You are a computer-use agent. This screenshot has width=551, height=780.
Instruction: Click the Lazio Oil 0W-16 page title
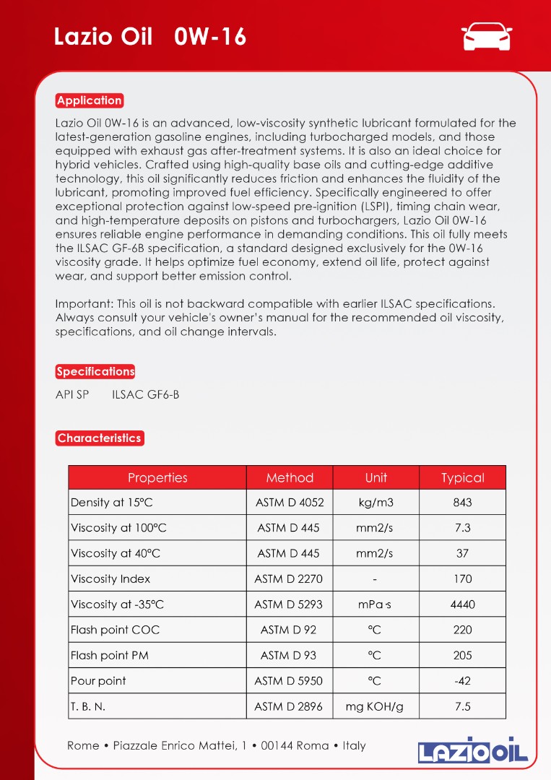(x=150, y=37)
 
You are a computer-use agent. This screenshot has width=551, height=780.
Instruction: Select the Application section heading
(x=90, y=100)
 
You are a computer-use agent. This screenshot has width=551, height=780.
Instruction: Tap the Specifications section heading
(x=95, y=371)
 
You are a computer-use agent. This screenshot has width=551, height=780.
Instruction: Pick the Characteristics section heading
(x=99, y=438)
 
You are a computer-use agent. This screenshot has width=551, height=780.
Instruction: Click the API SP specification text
(x=72, y=395)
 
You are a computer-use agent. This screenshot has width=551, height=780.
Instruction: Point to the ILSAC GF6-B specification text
(x=146, y=395)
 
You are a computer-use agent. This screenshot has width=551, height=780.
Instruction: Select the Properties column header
(x=157, y=477)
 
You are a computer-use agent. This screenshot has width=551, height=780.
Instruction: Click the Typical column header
(x=462, y=477)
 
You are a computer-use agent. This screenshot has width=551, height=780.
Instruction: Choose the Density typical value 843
(x=462, y=503)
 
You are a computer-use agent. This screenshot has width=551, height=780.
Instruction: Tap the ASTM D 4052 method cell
(x=290, y=503)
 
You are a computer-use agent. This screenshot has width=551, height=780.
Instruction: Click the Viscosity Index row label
(x=110, y=578)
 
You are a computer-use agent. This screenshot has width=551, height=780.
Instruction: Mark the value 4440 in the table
(x=462, y=604)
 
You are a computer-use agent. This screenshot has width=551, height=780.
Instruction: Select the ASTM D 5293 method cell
(x=289, y=604)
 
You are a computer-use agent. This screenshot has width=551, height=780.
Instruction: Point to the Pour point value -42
(x=462, y=681)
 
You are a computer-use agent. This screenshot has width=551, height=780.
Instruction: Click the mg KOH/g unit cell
(x=376, y=706)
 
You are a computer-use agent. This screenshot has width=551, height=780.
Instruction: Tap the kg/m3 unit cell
(x=376, y=503)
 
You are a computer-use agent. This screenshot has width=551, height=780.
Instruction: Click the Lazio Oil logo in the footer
(x=473, y=750)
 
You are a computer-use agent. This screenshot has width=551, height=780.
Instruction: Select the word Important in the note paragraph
(x=79, y=304)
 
